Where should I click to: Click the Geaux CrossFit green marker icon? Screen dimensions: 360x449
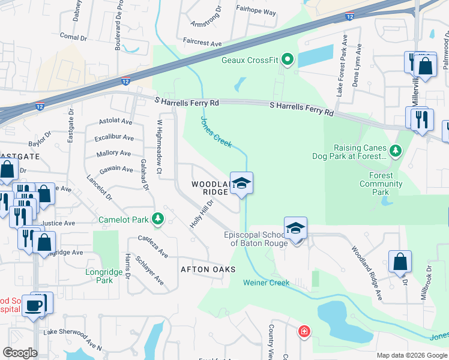287,59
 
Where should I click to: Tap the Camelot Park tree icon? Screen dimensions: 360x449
158,219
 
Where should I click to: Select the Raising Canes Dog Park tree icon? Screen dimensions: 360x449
395,150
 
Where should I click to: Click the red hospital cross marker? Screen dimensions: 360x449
304,331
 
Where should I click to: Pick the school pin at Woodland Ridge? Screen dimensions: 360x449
241,183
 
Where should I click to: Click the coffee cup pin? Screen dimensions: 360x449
33,305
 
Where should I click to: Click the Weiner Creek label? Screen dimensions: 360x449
266,283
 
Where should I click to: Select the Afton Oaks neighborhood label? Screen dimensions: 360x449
207,269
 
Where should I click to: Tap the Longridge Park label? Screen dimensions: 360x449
104,276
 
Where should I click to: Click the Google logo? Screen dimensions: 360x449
19,353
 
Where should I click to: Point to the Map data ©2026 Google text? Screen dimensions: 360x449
411,355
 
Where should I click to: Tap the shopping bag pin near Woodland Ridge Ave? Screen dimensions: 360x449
400,262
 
